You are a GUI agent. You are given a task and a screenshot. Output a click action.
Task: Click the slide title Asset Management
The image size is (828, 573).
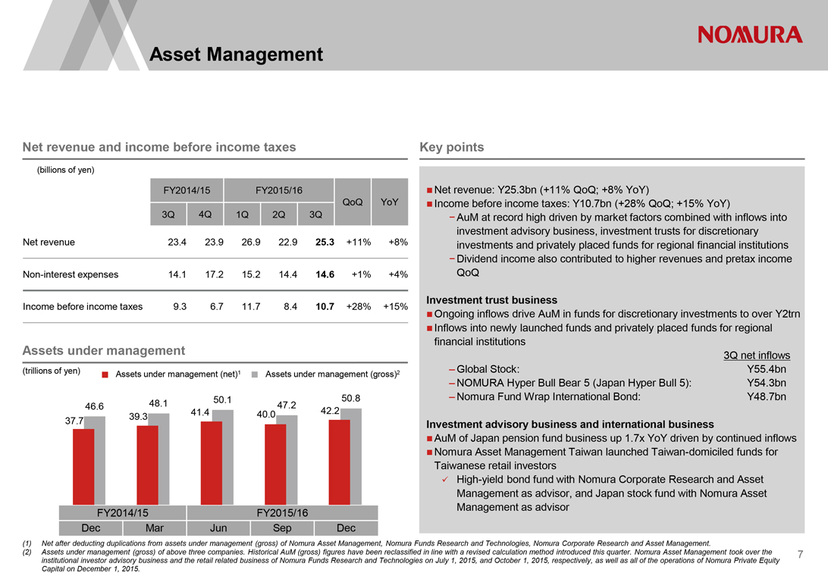click(x=237, y=55)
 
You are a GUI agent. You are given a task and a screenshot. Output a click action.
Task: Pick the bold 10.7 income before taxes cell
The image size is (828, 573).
click(x=325, y=307)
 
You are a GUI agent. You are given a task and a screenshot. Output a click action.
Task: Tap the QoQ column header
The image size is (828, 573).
click(x=353, y=202)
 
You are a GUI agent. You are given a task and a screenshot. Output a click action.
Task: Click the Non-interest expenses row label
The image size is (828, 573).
click(x=65, y=274)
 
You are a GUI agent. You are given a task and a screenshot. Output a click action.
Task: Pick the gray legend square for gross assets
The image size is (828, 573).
click(x=256, y=374)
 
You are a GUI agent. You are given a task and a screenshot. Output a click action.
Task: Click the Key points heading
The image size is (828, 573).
click(x=451, y=147)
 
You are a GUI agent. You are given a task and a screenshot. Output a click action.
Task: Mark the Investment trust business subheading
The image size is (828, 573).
click(x=492, y=300)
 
